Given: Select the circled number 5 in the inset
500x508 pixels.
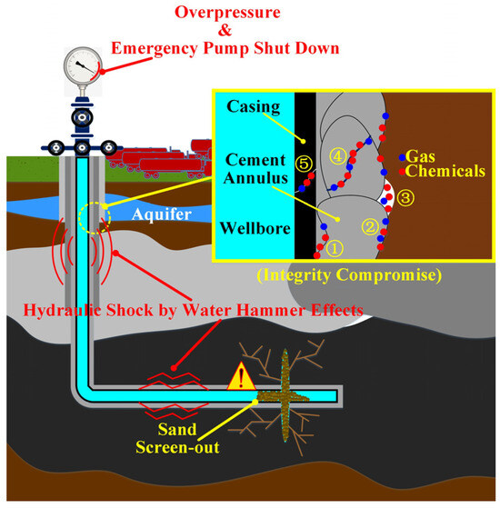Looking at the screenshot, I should point(306,163).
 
